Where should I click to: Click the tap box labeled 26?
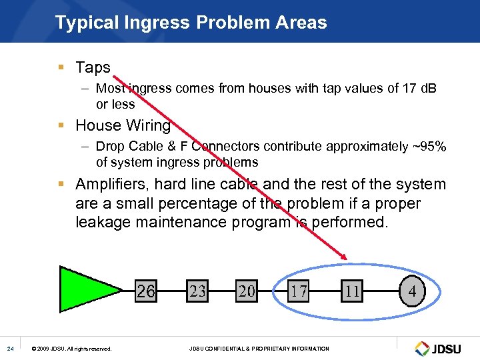point(146,291)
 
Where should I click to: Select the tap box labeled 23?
point(197,291)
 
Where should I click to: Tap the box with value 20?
point(247,291)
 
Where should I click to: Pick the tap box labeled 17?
point(298,291)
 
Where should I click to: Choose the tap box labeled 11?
point(352,291)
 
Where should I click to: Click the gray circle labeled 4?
point(412,291)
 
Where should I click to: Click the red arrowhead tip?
point(346,259)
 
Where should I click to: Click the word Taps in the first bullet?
point(93,67)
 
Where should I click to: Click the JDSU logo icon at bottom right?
point(423,349)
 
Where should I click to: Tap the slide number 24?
point(10,349)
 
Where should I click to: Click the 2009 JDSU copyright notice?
point(72,349)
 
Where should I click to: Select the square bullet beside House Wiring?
point(61,125)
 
